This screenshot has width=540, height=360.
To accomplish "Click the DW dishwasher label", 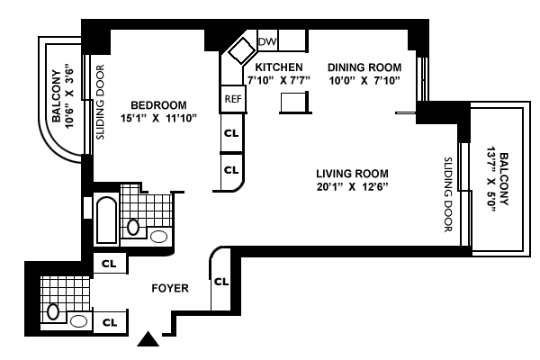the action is pos(267,41).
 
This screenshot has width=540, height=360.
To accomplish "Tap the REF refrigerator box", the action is pos(233,99).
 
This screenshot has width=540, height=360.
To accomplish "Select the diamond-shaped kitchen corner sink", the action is pos(242,50).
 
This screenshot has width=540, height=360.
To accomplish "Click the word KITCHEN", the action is pos(279,67).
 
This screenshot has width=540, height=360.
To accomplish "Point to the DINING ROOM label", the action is pos(364,67).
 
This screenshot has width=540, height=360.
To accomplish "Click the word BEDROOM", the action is pos(158,105).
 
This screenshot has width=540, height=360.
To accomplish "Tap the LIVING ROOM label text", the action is pos(352,174).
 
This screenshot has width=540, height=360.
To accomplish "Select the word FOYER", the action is pos(170,288).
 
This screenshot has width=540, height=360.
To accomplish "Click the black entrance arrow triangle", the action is pos(148,339).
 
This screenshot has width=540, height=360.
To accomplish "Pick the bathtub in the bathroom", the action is pos(107,220).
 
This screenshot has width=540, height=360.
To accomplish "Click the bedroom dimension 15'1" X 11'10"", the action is pos(158,119).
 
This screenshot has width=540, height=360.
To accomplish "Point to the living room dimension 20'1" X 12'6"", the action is pos(352,186).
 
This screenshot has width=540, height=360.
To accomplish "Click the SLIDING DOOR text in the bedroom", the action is pos(100,102).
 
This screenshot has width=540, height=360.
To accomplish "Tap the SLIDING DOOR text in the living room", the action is pos(447,194).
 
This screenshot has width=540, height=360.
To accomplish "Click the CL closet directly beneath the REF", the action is pos(231,133).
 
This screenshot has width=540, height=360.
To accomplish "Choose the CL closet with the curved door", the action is pos(221,282).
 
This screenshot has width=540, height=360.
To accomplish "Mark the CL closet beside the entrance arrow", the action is pos(110,322).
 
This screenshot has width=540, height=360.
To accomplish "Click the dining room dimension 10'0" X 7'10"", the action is pos(364,81).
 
